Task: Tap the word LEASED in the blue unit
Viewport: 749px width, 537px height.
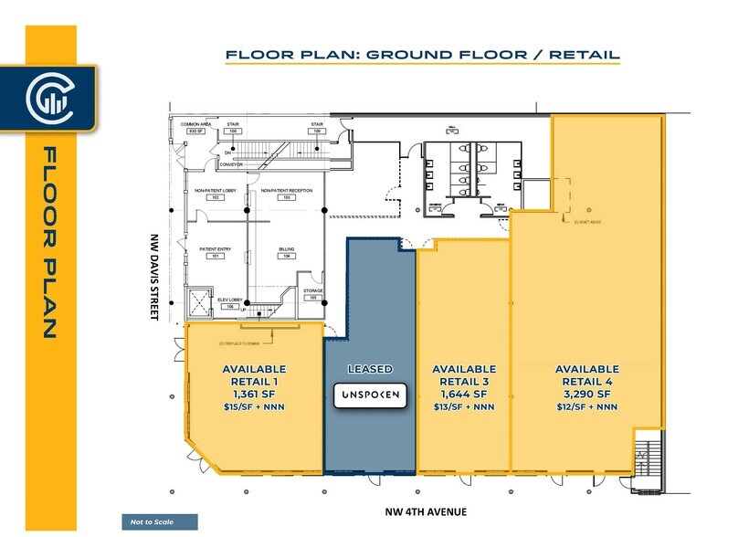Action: coord(370,369)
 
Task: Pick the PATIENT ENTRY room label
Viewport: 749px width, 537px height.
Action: coord(216,248)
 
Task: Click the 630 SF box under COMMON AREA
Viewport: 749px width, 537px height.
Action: coord(194,132)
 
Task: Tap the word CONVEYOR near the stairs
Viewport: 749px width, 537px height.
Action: coord(230,164)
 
